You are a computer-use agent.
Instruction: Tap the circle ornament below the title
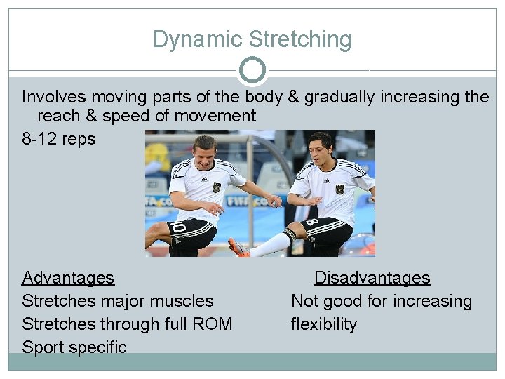coord(252,70)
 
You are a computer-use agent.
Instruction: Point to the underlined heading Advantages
coord(68,278)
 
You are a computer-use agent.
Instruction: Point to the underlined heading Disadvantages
coord(372,278)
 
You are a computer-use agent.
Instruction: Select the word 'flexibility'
coord(324,324)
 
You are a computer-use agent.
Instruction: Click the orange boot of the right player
coord(239,247)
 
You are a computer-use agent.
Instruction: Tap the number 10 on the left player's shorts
coord(180,230)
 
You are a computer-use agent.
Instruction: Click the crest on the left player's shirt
coord(217,187)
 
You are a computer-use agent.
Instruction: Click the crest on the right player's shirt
coord(340,189)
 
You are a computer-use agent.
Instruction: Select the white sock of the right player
coord(270,244)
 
